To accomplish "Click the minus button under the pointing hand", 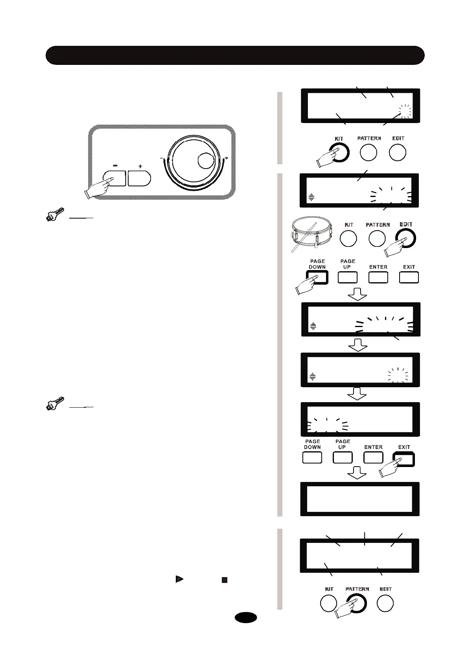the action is tap(114, 178).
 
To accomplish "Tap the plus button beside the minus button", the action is tap(140, 178).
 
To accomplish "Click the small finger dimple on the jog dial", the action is tap(205, 160).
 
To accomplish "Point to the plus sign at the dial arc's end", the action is tap(226, 158).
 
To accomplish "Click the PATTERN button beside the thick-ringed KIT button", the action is tap(368, 153).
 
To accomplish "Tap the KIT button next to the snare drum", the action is tap(348, 238).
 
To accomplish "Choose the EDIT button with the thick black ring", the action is tap(405, 238).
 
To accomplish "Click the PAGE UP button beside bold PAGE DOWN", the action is tap(347, 277).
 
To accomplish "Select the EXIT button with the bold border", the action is tap(404, 459).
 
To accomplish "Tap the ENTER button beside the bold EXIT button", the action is tap(373, 458).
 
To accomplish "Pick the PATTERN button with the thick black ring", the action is tap(357, 603).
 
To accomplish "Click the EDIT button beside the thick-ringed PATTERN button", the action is tap(385, 603).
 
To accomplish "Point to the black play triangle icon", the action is tap(179, 579).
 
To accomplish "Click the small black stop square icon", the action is tap(224, 579).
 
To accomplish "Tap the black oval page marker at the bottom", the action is tap(246, 617).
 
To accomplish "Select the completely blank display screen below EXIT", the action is tap(359, 498).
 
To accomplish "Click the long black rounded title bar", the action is tap(235, 55).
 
